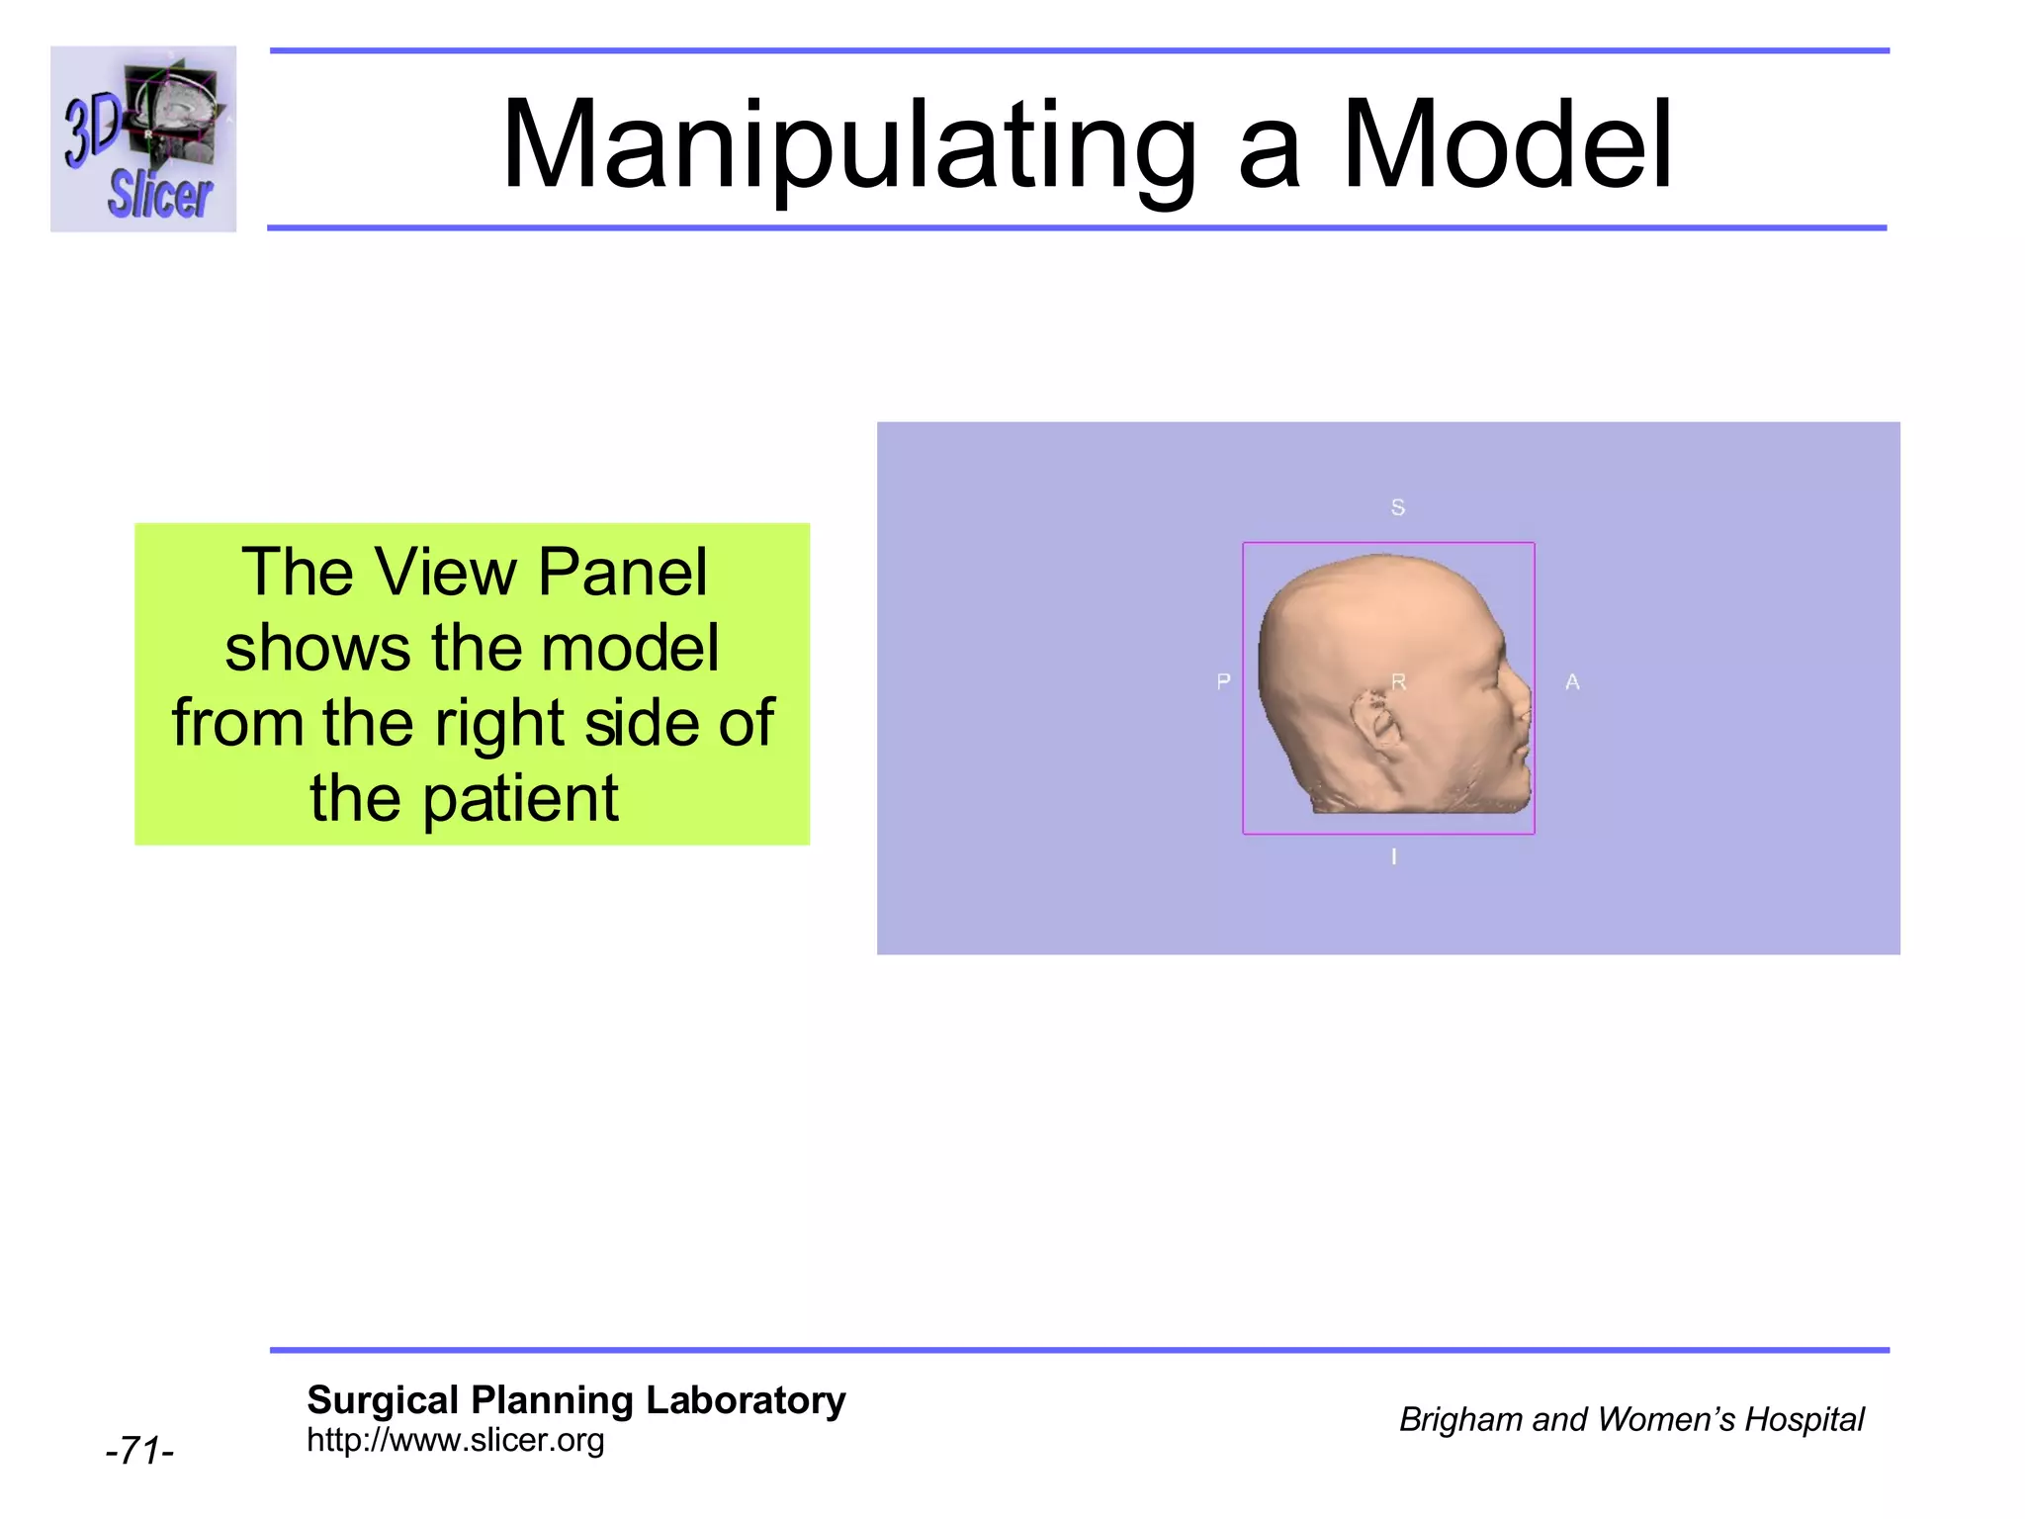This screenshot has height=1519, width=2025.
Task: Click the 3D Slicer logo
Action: (x=143, y=138)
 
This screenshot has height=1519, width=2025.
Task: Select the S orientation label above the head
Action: (x=1397, y=507)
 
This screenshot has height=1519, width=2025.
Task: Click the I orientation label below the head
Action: (x=1394, y=856)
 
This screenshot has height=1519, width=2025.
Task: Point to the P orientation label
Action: (x=1223, y=681)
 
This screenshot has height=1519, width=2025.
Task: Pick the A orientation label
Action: (x=1572, y=681)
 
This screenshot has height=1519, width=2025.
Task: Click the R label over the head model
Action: (x=1398, y=681)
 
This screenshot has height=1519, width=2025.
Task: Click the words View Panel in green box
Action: (x=542, y=572)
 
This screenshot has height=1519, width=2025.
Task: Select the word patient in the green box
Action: (x=520, y=798)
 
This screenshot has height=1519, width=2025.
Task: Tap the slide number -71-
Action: (x=139, y=1451)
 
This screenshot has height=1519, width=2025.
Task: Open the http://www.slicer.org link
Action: (x=455, y=1440)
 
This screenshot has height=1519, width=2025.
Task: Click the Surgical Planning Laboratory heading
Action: (x=575, y=1400)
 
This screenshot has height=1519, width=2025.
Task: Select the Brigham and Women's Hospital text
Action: (x=1630, y=1419)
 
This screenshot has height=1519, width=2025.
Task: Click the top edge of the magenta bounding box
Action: (x=1388, y=543)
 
